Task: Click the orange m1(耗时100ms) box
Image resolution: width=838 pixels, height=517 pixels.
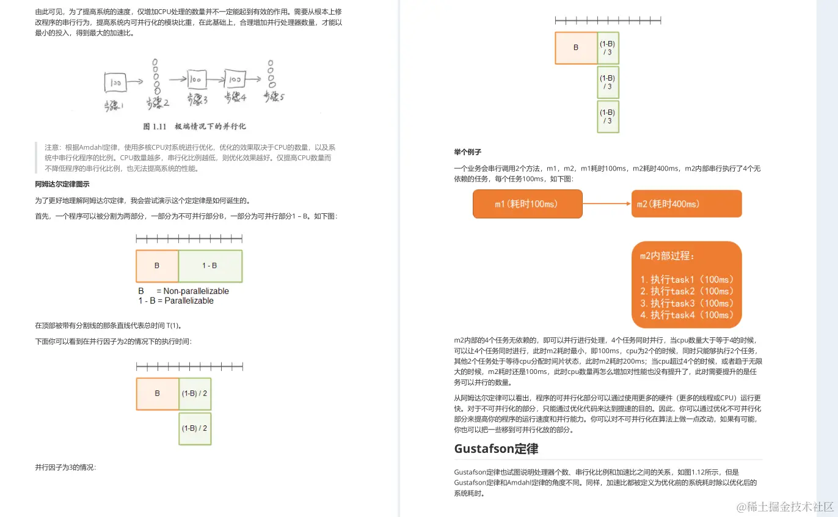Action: pyautogui.click(x=527, y=204)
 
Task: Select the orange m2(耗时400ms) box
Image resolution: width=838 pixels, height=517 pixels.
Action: pyautogui.click(x=686, y=204)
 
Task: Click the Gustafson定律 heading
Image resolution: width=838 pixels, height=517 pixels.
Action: pyautogui.click(x=496, y=449)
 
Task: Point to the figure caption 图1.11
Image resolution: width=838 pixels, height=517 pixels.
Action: pyautogui.click(x=194, y=127)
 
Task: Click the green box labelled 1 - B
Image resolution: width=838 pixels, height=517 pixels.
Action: pyautogui.click(x=210, y=266)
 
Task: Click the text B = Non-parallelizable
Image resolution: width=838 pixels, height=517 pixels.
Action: pyautogui.click(x=183, y=291)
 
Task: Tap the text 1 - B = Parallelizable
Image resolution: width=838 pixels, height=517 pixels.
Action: pyautogui.click(x=176, y=301)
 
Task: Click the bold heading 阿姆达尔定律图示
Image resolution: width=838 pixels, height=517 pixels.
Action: pyautogui.click(x=62, y=184)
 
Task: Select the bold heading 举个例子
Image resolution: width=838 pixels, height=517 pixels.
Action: pyautogui.click(x=467, y=152)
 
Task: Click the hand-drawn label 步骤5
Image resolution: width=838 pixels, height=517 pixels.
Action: pyautogui.click(x=274, y=96)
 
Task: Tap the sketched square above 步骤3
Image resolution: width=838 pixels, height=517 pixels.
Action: pyautogui.click(x=195, y=79)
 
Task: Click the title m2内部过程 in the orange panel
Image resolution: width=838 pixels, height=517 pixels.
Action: pyautogui.click(x=667, y=257)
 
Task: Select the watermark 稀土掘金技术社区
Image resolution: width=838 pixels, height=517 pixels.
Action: pyautogui.click(x=785, y=507)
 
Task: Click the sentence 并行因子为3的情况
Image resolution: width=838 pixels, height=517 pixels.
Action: pyautogui.click(x=65, y=468)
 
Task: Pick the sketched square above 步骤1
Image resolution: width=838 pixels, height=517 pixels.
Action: pyautogui.click(x=115, y=81)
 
